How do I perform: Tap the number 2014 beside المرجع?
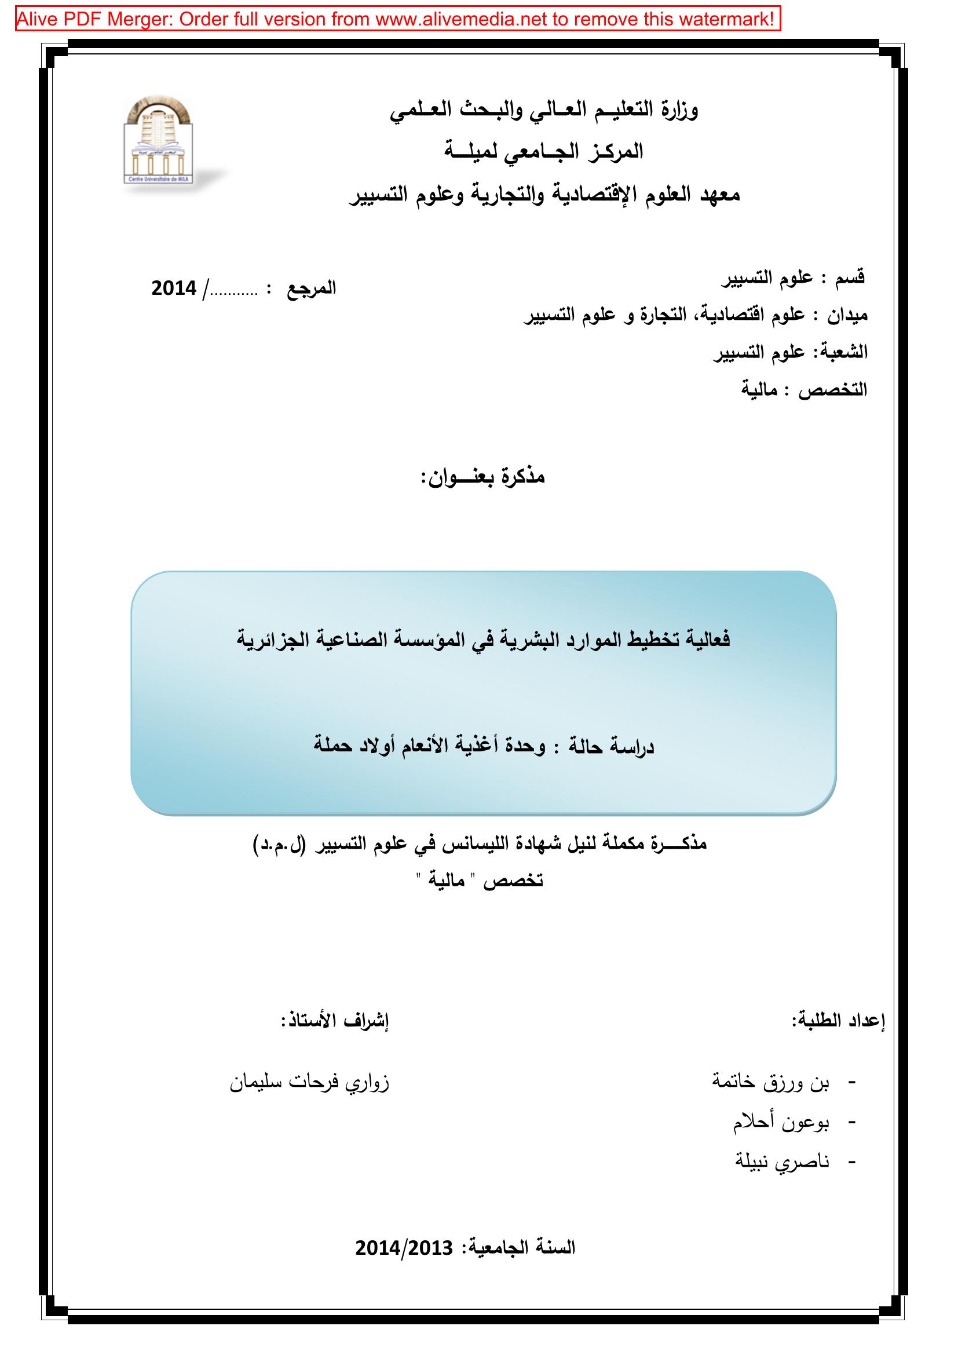click(x=173, y=288)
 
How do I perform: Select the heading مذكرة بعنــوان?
click(x=482, y=477)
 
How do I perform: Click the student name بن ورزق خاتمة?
click(x=771, y=1083)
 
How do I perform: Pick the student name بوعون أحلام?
click(x=781, y=1123)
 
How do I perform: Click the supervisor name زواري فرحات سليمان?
click(x=309, y=1083)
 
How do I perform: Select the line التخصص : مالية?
click(x=804, y=389)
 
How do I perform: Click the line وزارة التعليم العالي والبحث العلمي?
click(x=543, y=111)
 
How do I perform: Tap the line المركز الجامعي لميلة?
click(x=543, y=152)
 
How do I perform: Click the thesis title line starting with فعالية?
click(x=484, y=640)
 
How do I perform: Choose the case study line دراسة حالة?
click(x=484, y=747)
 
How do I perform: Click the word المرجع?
click(x=311, y=288)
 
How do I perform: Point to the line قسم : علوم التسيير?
click(x=794, y=277)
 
